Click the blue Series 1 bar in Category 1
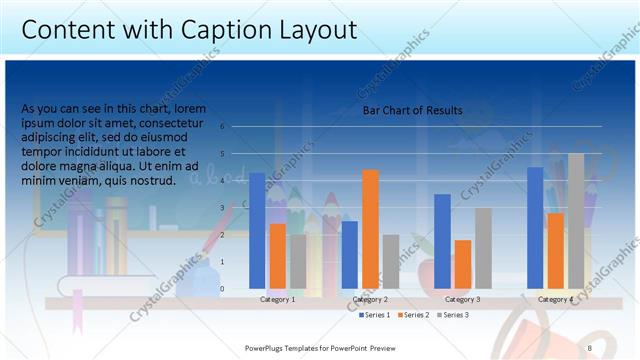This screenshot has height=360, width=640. (257, 231)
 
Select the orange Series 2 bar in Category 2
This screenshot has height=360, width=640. (370, 229)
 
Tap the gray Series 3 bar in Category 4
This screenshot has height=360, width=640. (576, 221)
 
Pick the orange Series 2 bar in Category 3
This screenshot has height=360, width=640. (463, 264)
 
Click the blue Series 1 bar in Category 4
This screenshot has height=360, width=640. (535, 228)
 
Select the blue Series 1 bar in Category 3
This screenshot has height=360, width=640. (442, 241)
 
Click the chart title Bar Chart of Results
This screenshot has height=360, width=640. (412, 111)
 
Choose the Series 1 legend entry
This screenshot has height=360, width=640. (375, 315)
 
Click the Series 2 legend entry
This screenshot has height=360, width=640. (414, 315)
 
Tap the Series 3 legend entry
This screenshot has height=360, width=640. (452, 315)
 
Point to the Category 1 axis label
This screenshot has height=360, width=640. (277, 299)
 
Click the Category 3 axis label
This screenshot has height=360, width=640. (463, 299)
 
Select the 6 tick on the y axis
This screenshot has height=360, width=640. (236, 127)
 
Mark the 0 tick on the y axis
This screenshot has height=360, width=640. (236, 289)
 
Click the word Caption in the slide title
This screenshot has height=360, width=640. (223, 30)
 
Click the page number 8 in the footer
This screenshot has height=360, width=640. (589, 347)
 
